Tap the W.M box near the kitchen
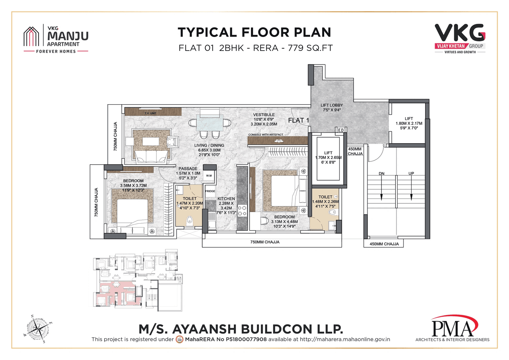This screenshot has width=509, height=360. click(x=209, y=176)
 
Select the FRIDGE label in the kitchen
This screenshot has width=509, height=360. click(x=210, y=191)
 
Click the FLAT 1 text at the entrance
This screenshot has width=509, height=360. click(x=299, y=121)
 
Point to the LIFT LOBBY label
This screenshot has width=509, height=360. click(x=332, y=105)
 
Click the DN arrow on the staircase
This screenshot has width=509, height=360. click(x=381, y=187)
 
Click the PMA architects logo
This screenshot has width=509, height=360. click(x=453, y=328)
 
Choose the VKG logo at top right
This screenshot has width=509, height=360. click(x=459, y=37)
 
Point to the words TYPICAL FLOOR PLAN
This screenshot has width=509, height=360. click(x=254, y=32)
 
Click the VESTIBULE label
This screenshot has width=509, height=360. click(x=264, y=115)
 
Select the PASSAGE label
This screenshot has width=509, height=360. click(x=188, y=169)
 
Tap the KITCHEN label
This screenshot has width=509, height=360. click(x=226, y=198)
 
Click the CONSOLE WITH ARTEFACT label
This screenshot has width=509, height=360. click(x=266, y=135)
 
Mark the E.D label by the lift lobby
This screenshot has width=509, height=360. click(x=341, y=130)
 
